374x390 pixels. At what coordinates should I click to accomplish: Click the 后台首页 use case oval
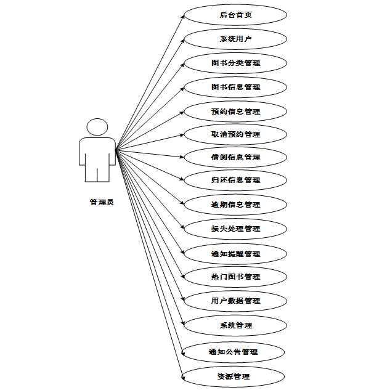235,15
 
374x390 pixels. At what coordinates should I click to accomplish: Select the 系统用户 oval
235,39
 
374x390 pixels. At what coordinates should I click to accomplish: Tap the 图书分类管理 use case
235,63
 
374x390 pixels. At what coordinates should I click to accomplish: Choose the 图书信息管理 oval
235,87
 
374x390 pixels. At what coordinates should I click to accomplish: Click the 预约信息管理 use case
235,112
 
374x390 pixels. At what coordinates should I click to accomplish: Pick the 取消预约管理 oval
235,134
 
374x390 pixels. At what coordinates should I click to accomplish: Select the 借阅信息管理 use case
235,157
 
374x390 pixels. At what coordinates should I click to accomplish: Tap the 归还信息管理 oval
235,180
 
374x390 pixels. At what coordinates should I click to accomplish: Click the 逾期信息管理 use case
235,205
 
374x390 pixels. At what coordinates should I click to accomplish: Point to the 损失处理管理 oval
235,229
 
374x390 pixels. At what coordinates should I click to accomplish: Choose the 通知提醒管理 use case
235,254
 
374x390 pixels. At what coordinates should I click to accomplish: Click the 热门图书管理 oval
235,277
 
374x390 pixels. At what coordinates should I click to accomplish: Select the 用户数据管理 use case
235,301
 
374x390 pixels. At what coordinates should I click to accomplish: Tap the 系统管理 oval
235,325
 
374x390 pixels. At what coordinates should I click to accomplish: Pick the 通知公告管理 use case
233,352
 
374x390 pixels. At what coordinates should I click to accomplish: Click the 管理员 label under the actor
101,201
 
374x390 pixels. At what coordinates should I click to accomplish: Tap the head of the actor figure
97,127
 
